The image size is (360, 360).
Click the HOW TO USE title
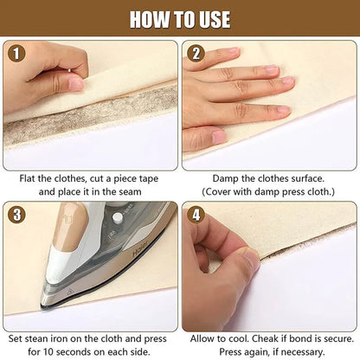click(180, 18)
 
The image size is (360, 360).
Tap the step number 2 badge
click(196, 53)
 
